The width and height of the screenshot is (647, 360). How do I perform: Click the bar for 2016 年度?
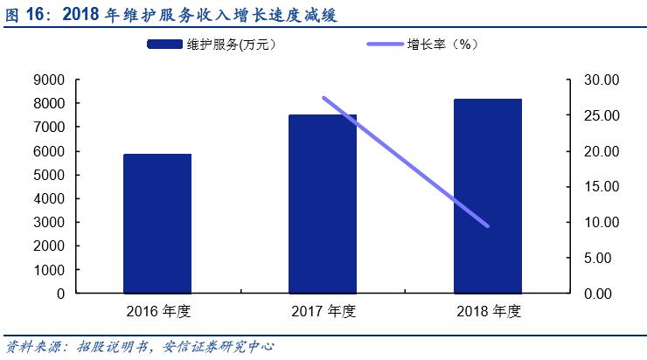(157, 224)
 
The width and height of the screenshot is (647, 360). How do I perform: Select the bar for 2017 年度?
(323, 204)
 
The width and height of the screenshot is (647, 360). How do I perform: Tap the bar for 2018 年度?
(488, 196)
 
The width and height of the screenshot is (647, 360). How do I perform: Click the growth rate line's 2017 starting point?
(323, 98)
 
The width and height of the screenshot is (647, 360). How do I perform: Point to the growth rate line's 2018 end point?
(487, 226)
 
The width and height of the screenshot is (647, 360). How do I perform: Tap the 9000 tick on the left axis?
(49, 80)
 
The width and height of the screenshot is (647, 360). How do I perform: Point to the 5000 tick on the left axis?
(49, 175)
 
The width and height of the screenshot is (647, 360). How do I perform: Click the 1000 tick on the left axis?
(49, 270)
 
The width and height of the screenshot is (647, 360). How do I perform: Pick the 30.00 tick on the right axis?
(601, 80)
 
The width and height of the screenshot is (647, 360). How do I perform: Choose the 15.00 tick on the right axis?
(601, 187)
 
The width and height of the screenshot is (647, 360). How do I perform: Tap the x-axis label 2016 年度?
(157, 311)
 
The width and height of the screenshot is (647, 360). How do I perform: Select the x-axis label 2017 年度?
(323, 311)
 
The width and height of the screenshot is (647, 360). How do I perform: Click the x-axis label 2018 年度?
(488, 311)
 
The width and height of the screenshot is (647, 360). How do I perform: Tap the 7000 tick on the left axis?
(49, 128)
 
